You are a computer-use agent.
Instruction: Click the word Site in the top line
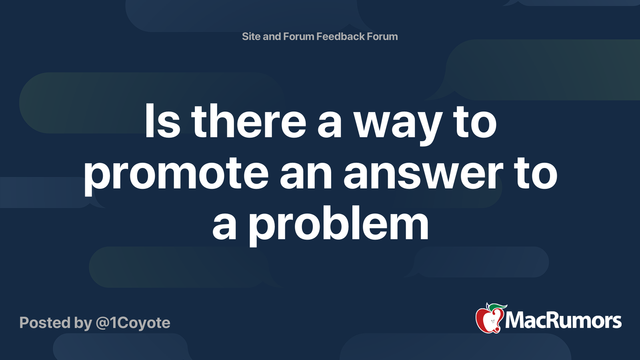(251, 36)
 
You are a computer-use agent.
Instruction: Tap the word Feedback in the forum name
(340, 36)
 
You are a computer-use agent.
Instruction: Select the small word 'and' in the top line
(272, 36)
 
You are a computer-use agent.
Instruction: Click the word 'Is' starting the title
(162, 122)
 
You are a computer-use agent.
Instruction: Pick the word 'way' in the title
(398, 124)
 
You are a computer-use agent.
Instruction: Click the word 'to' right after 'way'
(475, 122)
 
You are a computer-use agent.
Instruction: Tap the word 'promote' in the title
(176, 174)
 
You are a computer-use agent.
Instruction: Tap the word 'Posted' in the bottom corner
(45, 323)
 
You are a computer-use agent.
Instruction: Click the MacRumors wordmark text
(563, 321)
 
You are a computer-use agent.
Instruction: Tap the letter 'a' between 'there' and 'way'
(330, 124)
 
